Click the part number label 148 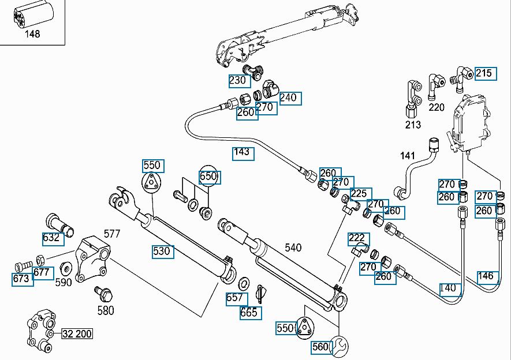click(32, 34)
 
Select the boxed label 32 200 click(77, 333)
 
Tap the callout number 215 click(484, 73)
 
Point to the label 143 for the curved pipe click(241, 152)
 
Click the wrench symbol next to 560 click(339, 346)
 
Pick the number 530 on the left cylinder click(162, 252)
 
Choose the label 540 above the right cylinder click(293, 247)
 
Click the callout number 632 click(51, 238)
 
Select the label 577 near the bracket click(112, 234)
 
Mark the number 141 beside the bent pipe click(408, 156)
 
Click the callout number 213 click(413, 125)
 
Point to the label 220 click(437, 107)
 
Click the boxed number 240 click(288, 97)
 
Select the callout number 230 click(237, 80)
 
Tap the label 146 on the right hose click(486, 276)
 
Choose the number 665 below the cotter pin click(249, 313)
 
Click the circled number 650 click(208, 176)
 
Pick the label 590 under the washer click(63, 282)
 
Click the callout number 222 click(356, 239)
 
